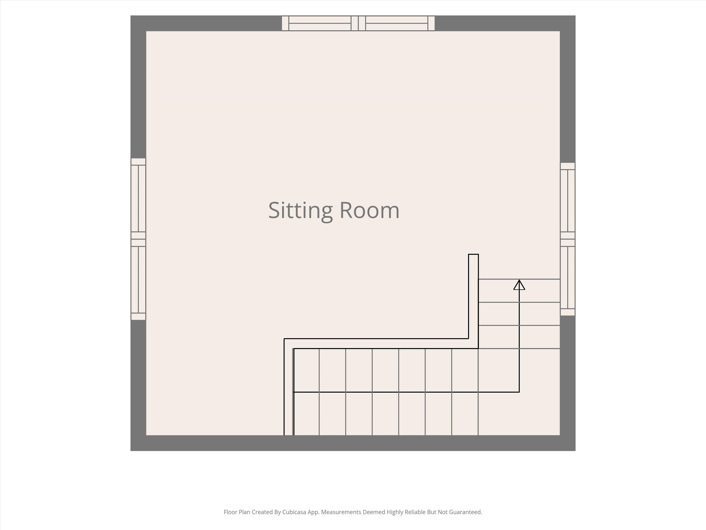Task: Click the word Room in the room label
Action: (369, 211)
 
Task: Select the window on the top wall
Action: (358, 23)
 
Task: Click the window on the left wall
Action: (138, 239)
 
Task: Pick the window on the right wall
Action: (567, 239)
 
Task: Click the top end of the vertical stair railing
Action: (473, 255)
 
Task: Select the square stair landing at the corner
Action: (519, 392)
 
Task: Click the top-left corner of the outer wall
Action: (131, 16)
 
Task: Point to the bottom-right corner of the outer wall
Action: (575, 451)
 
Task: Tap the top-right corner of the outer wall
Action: (575, 16)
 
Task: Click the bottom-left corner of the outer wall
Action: (131, 451)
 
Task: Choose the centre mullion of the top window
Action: (358, 23)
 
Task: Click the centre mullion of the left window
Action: (138, 239)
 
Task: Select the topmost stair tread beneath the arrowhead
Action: (519, 291)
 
